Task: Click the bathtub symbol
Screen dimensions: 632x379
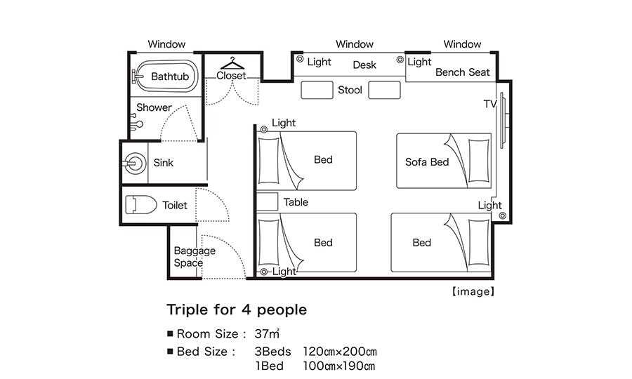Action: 165,76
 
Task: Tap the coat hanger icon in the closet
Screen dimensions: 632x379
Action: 232,63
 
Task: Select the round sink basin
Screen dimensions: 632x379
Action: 135,164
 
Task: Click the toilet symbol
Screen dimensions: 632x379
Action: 140,205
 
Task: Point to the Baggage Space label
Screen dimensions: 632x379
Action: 195,257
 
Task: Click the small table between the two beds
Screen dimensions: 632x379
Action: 268,201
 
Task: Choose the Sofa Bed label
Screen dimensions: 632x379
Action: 427,162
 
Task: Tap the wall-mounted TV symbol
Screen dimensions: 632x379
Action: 503,121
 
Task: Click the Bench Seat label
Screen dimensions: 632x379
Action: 462,72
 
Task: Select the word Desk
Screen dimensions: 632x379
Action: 364,65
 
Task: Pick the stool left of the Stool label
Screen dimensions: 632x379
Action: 317,90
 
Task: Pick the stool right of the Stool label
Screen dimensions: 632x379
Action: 385,90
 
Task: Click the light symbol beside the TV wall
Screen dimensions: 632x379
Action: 503,215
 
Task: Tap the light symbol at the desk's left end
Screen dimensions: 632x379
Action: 300,59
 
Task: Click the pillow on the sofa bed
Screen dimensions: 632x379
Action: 479,161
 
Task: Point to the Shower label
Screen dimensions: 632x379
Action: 154,107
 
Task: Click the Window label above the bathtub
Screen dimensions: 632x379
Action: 166,44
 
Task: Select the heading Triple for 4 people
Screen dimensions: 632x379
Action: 237,310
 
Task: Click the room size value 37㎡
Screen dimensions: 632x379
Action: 267,333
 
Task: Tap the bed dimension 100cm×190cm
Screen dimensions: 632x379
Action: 339,366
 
